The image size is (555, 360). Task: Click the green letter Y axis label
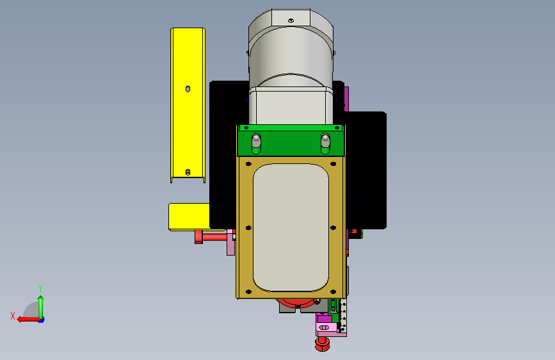(40, 288)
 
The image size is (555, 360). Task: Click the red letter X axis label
(13, 316)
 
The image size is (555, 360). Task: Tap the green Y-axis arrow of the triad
(41, 307)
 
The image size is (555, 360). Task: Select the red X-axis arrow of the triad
(29, 320)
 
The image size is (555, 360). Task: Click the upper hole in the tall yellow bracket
(188, 89)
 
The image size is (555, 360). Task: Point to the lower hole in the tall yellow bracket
(188, 172)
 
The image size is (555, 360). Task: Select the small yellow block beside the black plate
(189, 217)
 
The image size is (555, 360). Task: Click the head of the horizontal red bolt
(198, 237)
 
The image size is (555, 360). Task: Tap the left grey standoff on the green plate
(256, 143)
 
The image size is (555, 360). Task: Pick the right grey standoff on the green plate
(325, 143)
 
